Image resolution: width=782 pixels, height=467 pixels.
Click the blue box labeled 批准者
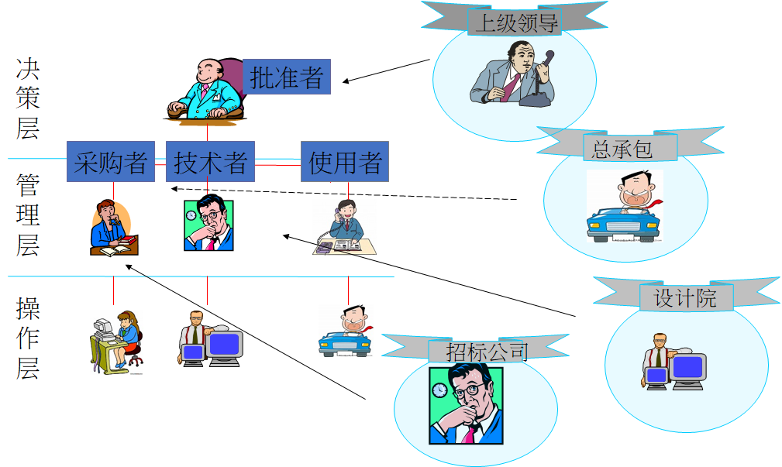point(287,77)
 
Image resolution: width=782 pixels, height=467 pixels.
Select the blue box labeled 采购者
point(111,161)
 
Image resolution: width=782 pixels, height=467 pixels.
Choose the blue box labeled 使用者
point(345,161)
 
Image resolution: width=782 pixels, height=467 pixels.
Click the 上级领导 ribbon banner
point(515,22)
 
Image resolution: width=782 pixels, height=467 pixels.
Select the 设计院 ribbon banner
point(686,297)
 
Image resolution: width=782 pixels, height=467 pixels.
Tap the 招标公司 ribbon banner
point(487,351)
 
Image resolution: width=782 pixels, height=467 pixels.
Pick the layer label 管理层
point(28,215)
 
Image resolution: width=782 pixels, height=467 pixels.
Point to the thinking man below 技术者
point(208,224)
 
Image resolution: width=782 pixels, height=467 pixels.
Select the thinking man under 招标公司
point(465,405)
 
